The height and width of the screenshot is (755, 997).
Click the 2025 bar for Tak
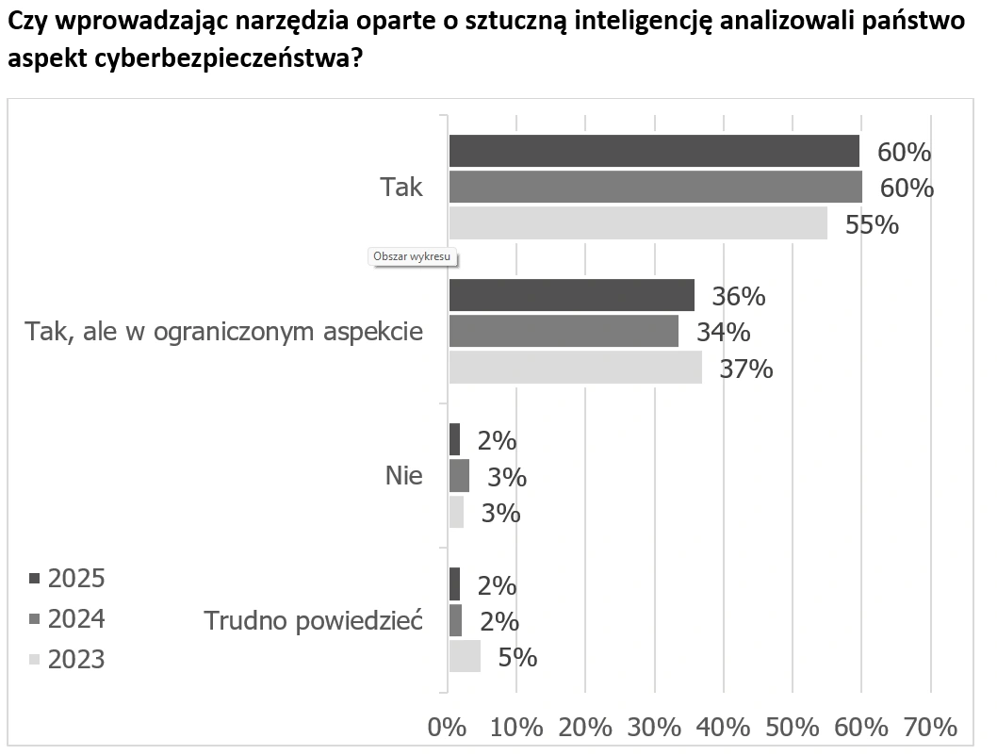click(654, 151)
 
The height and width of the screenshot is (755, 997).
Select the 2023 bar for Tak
click(638, 223)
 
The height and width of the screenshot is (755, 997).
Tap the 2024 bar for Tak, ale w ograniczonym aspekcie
click(564, 331)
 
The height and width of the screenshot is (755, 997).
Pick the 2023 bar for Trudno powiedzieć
click(465, 656)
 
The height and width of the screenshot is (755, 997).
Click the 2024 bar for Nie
click(459, 476)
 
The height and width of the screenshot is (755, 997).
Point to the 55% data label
click(872, 225)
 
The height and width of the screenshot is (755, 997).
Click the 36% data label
click(738, 296)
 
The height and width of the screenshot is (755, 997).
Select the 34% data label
click(723, 332)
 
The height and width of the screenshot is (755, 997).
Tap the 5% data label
click(517, 657)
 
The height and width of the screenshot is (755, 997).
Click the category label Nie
click(403, 476)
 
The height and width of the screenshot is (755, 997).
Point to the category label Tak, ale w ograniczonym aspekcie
click(223, 332)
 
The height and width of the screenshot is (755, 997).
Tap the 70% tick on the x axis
click(930, 728)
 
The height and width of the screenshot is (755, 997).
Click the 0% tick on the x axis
click(448, 728)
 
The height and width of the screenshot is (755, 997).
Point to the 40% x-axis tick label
click(723, 728)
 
